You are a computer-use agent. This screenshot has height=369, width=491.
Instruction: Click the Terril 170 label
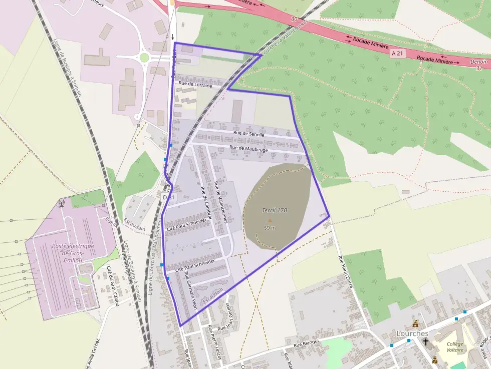click(x=274, y=210)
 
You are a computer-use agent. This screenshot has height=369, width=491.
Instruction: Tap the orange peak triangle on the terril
click(x=270, y=220)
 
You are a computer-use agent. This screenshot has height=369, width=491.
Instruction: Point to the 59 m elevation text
click(x=270, y=228)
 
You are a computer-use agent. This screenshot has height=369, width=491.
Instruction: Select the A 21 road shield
click(x=397, y=53)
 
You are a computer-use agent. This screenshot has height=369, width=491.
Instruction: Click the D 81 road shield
click(x=169, y=197)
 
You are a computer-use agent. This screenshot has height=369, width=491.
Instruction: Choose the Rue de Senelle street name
click(x=249, y=134)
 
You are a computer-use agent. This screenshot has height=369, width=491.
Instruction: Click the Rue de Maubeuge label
click(x=249, y=149)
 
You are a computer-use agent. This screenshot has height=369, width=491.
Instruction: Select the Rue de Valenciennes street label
click(x=221, y=202)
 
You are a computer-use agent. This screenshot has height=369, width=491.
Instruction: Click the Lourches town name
click(x=412, y=333)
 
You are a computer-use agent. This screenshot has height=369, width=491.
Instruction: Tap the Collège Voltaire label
click(x=455, y=347)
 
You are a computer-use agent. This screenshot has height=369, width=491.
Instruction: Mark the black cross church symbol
click(x=426, y=342)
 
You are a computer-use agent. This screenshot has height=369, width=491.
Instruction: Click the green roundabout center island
click(x=144, y=58)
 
